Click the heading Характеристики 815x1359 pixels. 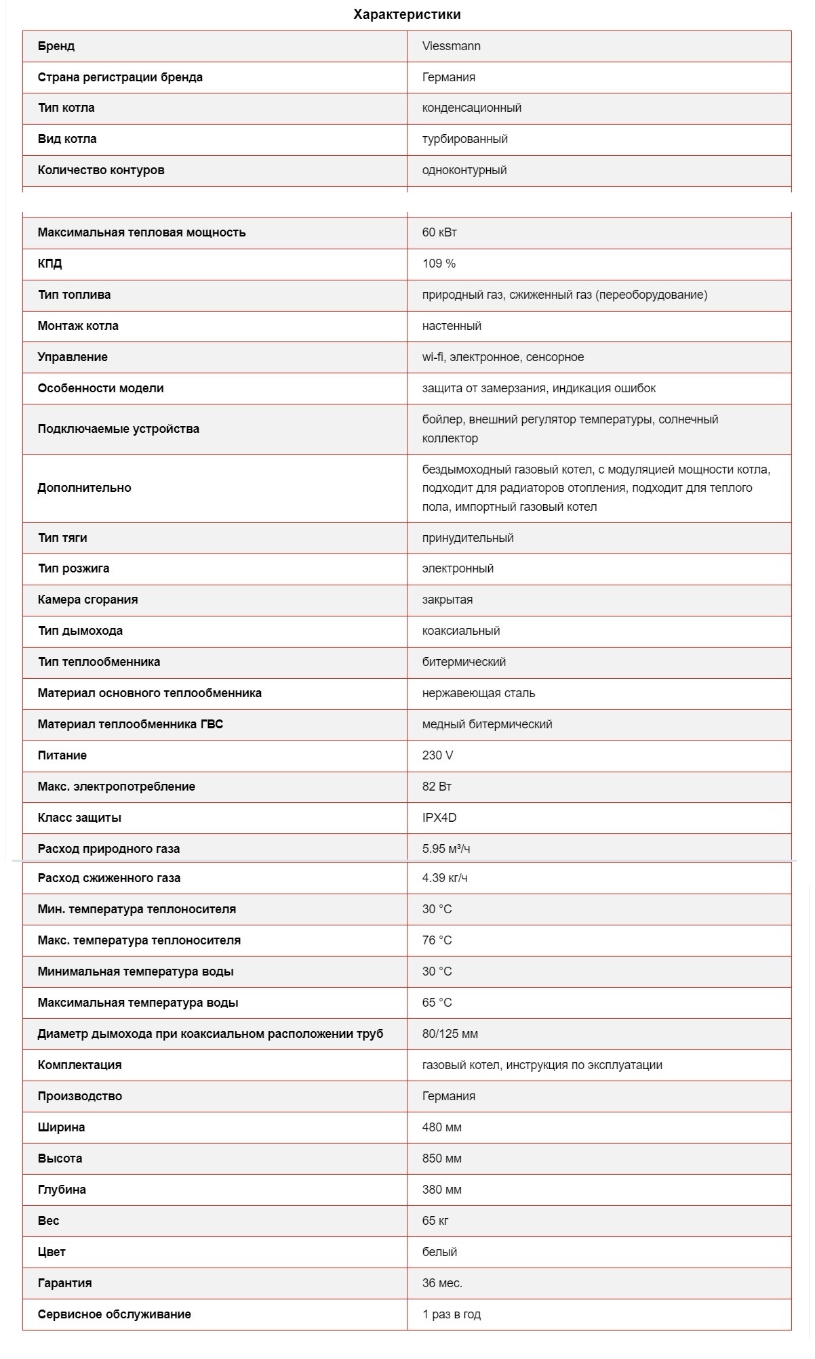(x=407, y=14)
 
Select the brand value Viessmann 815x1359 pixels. (x=451, y=46)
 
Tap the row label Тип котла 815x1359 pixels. (x=66, y=108)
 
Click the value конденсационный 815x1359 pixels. (x=471, y=108)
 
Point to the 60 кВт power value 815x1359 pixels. (x=439, y=232)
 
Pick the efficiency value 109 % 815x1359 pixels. (x=439, y=264)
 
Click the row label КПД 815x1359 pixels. (x=49, y=264)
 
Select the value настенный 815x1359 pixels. (x=452, y=326)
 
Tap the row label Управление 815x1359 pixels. (x=73, y=357)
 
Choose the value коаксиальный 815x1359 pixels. (x=461, y=631)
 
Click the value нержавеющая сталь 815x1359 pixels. (x=478, y=693)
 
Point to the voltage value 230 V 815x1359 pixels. (x=437, y=755)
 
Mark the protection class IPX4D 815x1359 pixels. (x=439, y=818)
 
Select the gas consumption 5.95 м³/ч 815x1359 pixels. (x=445, y=849)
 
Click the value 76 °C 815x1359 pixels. (x=437, y=940)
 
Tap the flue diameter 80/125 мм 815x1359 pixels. (x=450, y=1034)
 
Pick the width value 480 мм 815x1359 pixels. (x=441, y=1127)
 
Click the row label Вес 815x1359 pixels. (x=48, y=1221)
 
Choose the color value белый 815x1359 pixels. (x=439, y=1252)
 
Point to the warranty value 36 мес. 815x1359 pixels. (x=442, y=1283)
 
